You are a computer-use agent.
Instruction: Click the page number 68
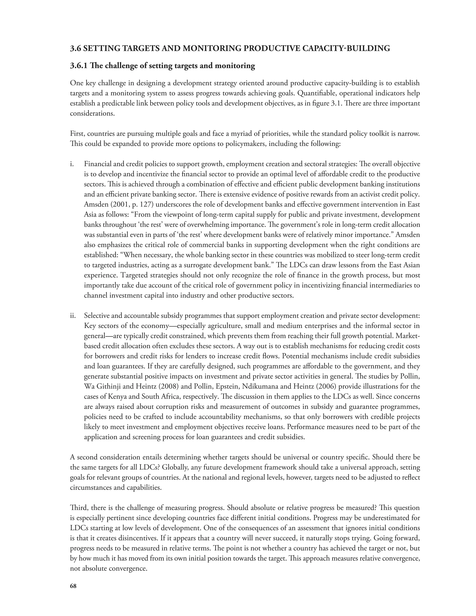pyautogui.click(x=73, y=586)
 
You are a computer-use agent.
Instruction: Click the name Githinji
pyautogui.click(x=107, y=386)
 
